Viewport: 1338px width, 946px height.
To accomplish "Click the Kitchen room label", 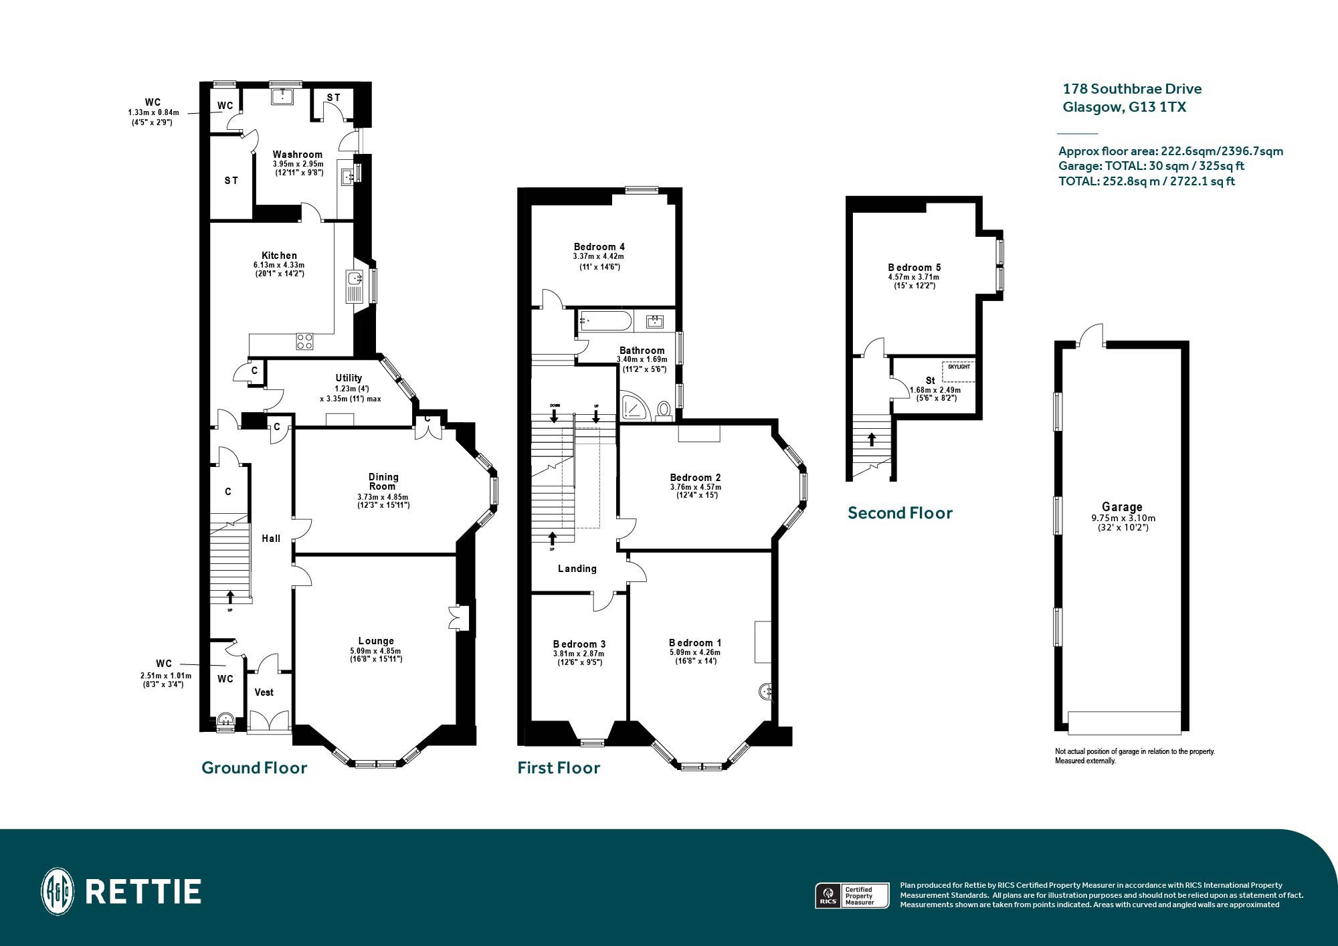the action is tap(280, 256).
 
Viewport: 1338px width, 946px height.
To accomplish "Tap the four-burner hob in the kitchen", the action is tap(305, 341).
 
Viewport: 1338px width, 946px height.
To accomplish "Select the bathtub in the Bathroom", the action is tap(605, 321).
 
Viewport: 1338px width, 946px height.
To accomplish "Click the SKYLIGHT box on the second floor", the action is tap(958, 371).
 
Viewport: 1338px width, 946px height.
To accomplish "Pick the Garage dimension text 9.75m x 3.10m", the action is tap(1123, 518).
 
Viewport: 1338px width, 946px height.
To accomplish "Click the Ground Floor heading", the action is tap(254, 768).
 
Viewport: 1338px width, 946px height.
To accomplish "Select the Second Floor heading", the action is tap(900, 513).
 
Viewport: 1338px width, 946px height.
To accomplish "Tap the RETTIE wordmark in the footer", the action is tap(144, 892).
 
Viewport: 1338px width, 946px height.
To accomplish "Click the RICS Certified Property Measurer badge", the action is tap(852, 895).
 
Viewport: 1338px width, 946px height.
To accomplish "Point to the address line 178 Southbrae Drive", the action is tap(1132, 89).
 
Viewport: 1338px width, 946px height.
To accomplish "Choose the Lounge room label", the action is tap(376, 641).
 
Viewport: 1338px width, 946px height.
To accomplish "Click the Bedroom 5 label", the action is tap(914, 268).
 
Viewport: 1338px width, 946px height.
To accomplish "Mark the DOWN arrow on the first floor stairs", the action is tap(555, 414).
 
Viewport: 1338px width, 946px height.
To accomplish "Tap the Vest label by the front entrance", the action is tap(264, 692).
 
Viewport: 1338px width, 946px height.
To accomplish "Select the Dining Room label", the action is tap(383, 482).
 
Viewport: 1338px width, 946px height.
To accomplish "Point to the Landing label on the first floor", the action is tap(577, 569).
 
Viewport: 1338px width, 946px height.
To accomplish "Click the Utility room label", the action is tap(349, 378).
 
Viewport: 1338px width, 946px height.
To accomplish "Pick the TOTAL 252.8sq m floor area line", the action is tap(1147, 181).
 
